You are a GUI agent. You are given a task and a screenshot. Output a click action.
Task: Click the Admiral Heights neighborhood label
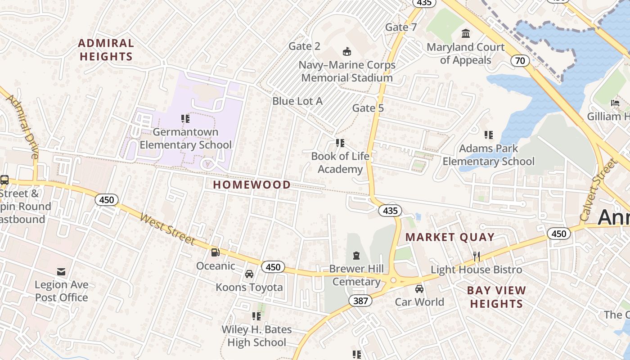[106, 50]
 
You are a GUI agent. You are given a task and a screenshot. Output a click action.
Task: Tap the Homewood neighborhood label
[252, 184]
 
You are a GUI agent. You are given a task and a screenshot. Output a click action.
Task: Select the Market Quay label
[450, 237]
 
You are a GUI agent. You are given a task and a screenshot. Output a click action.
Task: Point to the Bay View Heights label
[496, 297]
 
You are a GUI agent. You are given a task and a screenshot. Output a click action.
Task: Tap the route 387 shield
[360, 301]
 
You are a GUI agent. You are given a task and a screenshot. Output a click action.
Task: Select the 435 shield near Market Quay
[390, 210]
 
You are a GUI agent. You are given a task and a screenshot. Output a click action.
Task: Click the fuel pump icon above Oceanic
[216, 252]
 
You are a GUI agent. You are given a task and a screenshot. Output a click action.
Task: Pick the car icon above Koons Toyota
[249, 274]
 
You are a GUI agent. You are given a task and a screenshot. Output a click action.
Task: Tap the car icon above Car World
[419, 289]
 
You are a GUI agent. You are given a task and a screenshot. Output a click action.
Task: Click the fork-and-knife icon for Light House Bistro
[477, 256]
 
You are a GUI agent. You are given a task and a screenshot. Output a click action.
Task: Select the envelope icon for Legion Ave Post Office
[61, 271]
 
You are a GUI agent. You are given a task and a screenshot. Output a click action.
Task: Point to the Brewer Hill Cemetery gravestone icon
[356, 256]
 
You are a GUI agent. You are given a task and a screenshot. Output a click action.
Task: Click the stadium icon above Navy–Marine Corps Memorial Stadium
[347, 51]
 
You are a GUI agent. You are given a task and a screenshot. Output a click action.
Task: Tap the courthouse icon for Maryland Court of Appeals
[466, 34]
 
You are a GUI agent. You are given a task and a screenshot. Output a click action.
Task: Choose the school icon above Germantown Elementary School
[185, 119]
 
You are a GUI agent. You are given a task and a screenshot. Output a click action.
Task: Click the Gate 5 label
[368, 108]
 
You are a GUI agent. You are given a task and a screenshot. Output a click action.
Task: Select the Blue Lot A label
[297, 101]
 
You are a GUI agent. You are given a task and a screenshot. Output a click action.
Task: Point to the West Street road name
[167, 229]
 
